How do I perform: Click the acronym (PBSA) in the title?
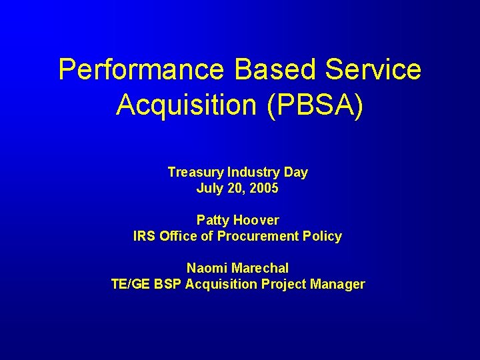pos(315,105)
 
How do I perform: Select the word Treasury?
pos(195,173)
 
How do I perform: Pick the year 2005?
pos(264,189)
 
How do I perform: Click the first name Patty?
pos(211,220)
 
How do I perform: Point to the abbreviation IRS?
pos(144,236)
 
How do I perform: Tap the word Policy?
pos(323,237)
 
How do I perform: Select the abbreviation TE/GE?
pos(131,284)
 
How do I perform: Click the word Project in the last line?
pos(286,285)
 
